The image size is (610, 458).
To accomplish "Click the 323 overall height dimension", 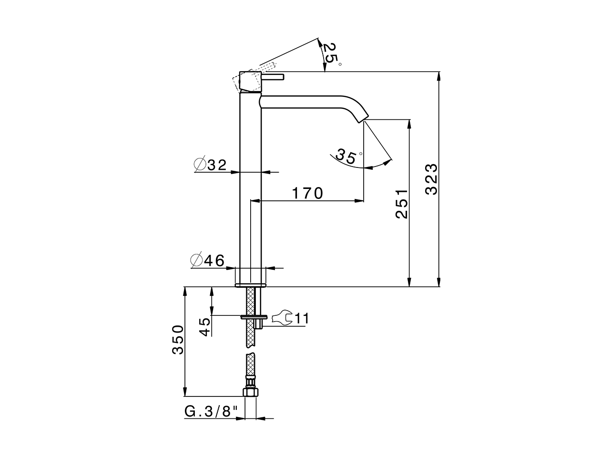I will [431, 179].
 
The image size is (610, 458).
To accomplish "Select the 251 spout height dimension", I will [402, 203].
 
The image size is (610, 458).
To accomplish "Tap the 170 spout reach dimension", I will [307, 193].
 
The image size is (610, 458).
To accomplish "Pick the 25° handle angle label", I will [331, 53].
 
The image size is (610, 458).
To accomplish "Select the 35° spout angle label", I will [348, 156].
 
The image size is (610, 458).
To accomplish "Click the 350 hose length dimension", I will [178, 340].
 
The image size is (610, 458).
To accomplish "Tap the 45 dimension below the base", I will [205, 327].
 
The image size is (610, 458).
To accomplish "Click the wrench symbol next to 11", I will [282, 318].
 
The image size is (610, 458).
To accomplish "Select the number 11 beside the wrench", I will [302, 318].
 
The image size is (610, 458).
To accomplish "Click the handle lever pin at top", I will [273, 77].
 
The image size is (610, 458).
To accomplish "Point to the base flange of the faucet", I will [250, 285].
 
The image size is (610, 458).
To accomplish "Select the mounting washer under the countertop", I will [254, 316].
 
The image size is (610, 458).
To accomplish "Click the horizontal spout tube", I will [310, 102].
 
